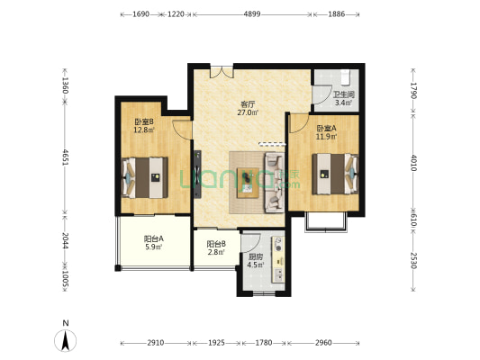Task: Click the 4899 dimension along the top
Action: click(252, 14)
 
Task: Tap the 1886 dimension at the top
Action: click(337, 14)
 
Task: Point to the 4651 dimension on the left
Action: click(65, 157)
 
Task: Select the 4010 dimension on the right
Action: click(414, 163)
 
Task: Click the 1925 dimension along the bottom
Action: click(216, 343)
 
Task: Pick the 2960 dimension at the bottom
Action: click(323, 343)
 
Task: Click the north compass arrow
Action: click(65, 340)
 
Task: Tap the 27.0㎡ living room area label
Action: click(248, 112)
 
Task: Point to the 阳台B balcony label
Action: click(216, 244)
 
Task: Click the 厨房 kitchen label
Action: click(255, 256)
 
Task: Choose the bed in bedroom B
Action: click(145, 177)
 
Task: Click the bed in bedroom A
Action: click(335, 174)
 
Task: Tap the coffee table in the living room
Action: click(248, 183)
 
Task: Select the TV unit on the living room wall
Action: click(197, 174)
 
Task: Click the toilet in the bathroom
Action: click(346, 76)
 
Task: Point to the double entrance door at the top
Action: click(222, 71)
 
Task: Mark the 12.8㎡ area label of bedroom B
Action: click(144, 130)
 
